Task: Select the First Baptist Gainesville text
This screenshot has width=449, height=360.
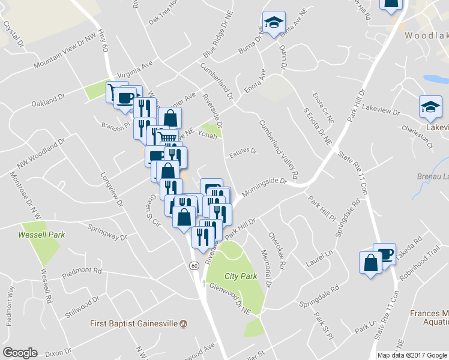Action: coord(134,323)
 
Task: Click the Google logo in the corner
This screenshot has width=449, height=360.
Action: coord(20,353)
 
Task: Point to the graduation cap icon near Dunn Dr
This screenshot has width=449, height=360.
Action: coord(274,23)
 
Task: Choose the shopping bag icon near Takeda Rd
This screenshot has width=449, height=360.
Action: coord(370,262)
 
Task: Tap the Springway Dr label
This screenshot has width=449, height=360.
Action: coord(107,232)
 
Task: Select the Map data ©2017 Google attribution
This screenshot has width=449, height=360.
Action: coord(412,355)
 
